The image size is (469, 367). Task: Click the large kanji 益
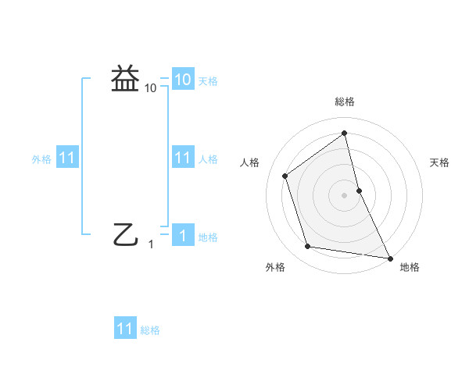click(x=125, y=79)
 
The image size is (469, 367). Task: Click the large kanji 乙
click(x=125, y=233)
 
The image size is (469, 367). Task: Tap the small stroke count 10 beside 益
click(x=151, y=88)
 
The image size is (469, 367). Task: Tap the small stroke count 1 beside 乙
click(x=151, y=244)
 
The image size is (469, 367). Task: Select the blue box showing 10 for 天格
click(x=182, y=79)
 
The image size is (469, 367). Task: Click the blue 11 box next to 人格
click(x=182, y=158)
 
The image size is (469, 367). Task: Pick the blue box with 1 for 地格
click(x=182, y=236)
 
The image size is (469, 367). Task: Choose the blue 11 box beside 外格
click(x=67, y=158)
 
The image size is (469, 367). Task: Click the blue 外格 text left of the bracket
click(x=41, y=159)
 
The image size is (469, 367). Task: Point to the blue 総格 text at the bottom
click(x=150, y=330)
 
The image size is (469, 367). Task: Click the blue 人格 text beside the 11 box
click(x=208, y=159)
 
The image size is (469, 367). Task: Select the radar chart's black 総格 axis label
click(x=345, y=102)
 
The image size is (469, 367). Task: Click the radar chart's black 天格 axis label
click(x=439, y=162)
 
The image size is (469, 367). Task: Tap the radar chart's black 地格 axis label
click(x=410, y=268)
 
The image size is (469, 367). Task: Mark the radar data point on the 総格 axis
click(x=345, y=134)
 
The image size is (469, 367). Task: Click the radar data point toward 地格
click(x=389, y=258)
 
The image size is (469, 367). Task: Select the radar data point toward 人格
click(x=285, y=176)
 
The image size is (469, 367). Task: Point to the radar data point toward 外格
click(x=308, y=247)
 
